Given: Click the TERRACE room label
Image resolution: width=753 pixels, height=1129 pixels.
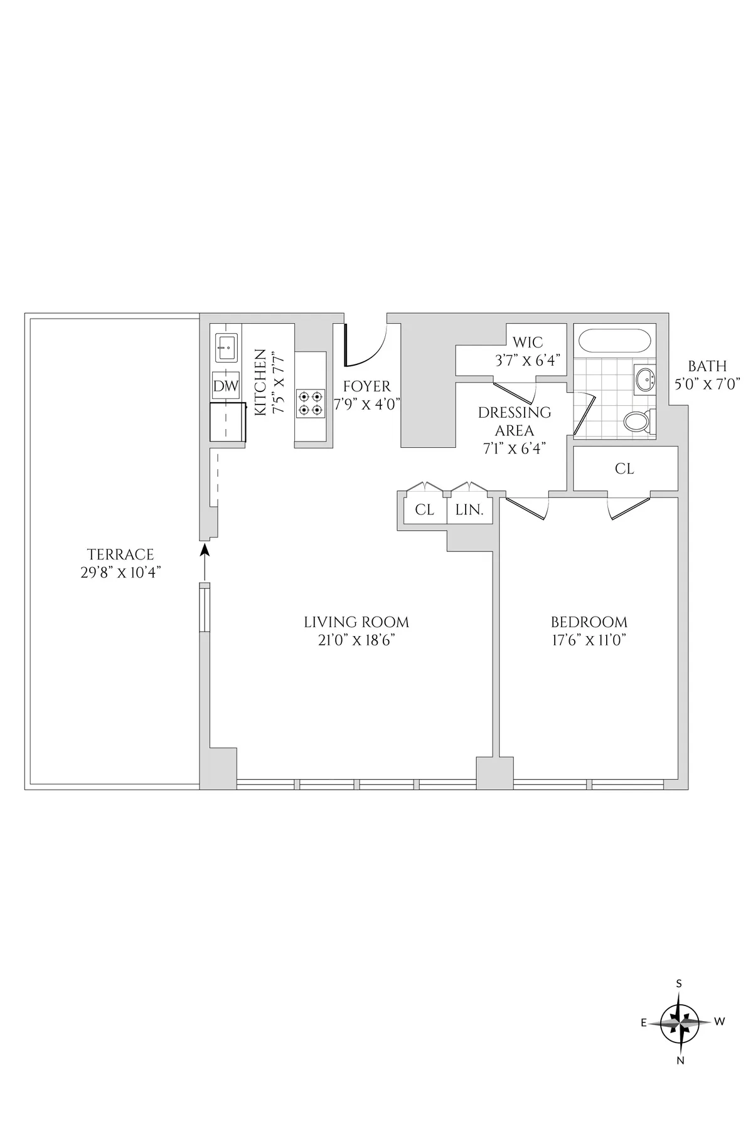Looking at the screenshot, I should click(x=120, y=554).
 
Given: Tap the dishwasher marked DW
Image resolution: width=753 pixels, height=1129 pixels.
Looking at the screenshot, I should click(x=226, y=386).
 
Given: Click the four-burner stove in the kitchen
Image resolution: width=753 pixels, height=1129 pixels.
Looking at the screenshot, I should click(x=311, y=403).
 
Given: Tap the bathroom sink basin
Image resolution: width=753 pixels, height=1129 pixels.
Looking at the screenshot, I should click(x=644, y=378).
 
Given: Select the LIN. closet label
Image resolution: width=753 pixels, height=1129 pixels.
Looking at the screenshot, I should click(x=469, y=510).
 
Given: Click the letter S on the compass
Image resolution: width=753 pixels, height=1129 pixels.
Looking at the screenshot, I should click(x=679, y=1001).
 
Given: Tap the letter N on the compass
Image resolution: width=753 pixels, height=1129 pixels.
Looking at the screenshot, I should click(x=680, y=1061).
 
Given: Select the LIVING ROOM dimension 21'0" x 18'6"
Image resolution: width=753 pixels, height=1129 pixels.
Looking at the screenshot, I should click(x=356, y=640).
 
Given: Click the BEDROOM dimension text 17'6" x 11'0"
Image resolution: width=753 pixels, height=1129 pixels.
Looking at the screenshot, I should click(x=589, y=640).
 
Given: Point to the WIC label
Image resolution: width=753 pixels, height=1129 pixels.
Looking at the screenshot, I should click(x=528, y=342).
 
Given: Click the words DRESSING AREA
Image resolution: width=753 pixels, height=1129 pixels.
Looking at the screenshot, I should click(x=515, y=421).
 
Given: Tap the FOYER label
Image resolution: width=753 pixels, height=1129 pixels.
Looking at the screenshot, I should click(x=367, y=386).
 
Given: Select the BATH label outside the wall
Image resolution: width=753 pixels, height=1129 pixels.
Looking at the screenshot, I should click(x=707, y=366).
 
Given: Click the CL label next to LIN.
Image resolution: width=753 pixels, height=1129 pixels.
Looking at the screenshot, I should click(x=424, y=510).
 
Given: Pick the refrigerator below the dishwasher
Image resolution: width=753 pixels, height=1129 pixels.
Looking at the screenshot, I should click(x=227, y=422).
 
